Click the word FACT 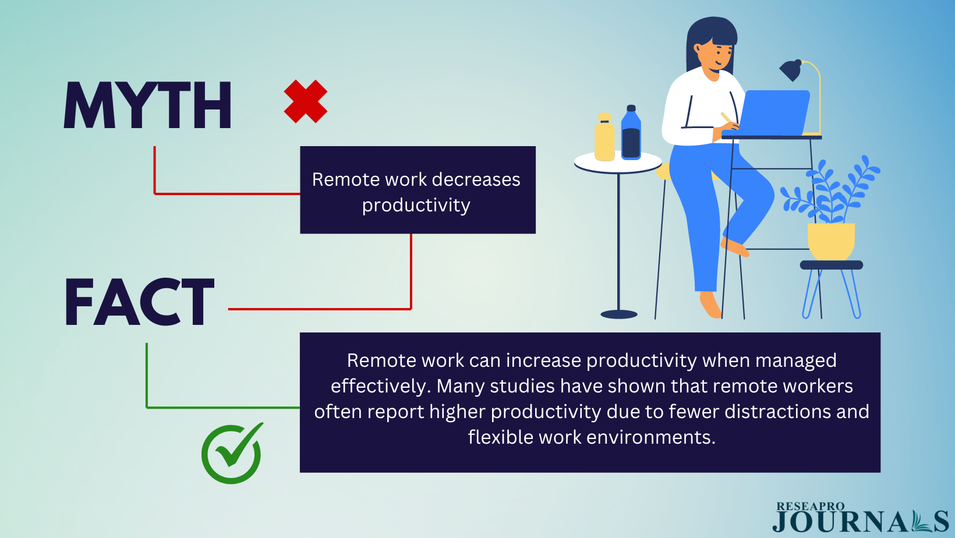coord(139,302)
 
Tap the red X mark coord(306,101)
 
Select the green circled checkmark coord(232,454)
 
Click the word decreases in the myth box coord(476,179)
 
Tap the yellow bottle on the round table coord(604,137)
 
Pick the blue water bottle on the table coord(631,133)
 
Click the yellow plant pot coord(831,242)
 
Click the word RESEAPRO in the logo coord(810,507)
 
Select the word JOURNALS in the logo coord(861,521)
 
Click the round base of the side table coord(619,314)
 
